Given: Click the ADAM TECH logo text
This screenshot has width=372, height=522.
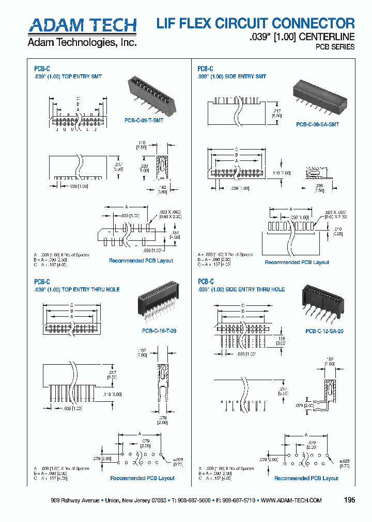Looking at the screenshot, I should pyautogui.click(x=83, y=25).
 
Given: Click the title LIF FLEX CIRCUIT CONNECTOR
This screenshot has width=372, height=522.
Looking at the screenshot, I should pyautogui.click(x=255, y=23).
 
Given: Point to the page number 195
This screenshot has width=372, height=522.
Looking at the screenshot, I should pyautogui.click(x=349, y=500).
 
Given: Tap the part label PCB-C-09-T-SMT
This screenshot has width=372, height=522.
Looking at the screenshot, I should pyautogui.click(x=144, y=120).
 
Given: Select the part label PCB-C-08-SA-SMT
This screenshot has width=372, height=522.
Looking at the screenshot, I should pyautogui.click(x=317, y=124).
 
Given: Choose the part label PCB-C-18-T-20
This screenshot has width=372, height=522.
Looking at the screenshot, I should pyautogui.click(x=159, y=331).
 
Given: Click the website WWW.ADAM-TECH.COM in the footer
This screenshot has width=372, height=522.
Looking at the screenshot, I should pyautogui.click(x=291, y=500).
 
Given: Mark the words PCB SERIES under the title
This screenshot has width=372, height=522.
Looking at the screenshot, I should pyautogui.click(x=335, y=47).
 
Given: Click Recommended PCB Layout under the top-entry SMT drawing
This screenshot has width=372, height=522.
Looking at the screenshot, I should pyautogui.click(x=141, y=260).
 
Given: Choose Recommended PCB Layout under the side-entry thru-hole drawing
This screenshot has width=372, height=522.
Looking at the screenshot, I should pyautogui.click(x=306, y=478).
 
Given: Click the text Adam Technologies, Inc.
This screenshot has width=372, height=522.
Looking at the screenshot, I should pyautogui.click(x=82, y=42).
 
